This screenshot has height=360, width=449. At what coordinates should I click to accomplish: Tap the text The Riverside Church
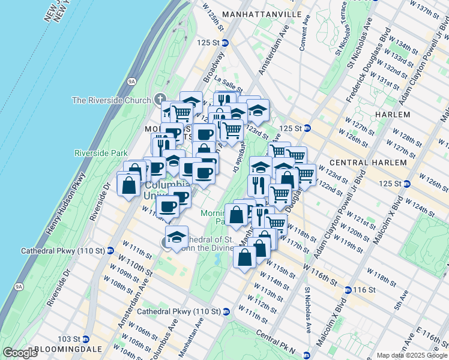[111, 100]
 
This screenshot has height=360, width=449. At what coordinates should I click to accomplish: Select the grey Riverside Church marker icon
[160, 99]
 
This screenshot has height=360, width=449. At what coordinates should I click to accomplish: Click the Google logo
[20, 352]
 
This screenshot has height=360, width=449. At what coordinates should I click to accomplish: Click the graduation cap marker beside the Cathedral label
[176, 237]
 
